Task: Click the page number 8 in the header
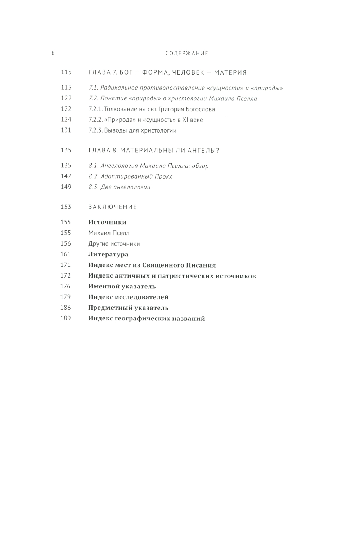(53, 53)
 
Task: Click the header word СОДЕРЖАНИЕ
(187, 53)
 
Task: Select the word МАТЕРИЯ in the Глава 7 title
(230, 72)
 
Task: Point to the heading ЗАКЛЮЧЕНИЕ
(113, 207)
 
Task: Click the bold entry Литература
(108, 254)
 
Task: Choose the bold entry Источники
(107, 222)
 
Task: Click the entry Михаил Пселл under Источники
(109, 233)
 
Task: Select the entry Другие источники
(114, 244)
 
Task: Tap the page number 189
(66, 318)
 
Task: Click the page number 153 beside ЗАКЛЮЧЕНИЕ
(66, 207)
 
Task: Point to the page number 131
(66, 130)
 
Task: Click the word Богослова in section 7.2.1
(201, 109)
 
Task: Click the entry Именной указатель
(122, 286)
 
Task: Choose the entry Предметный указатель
(128, 308)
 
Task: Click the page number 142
(66, 176)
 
